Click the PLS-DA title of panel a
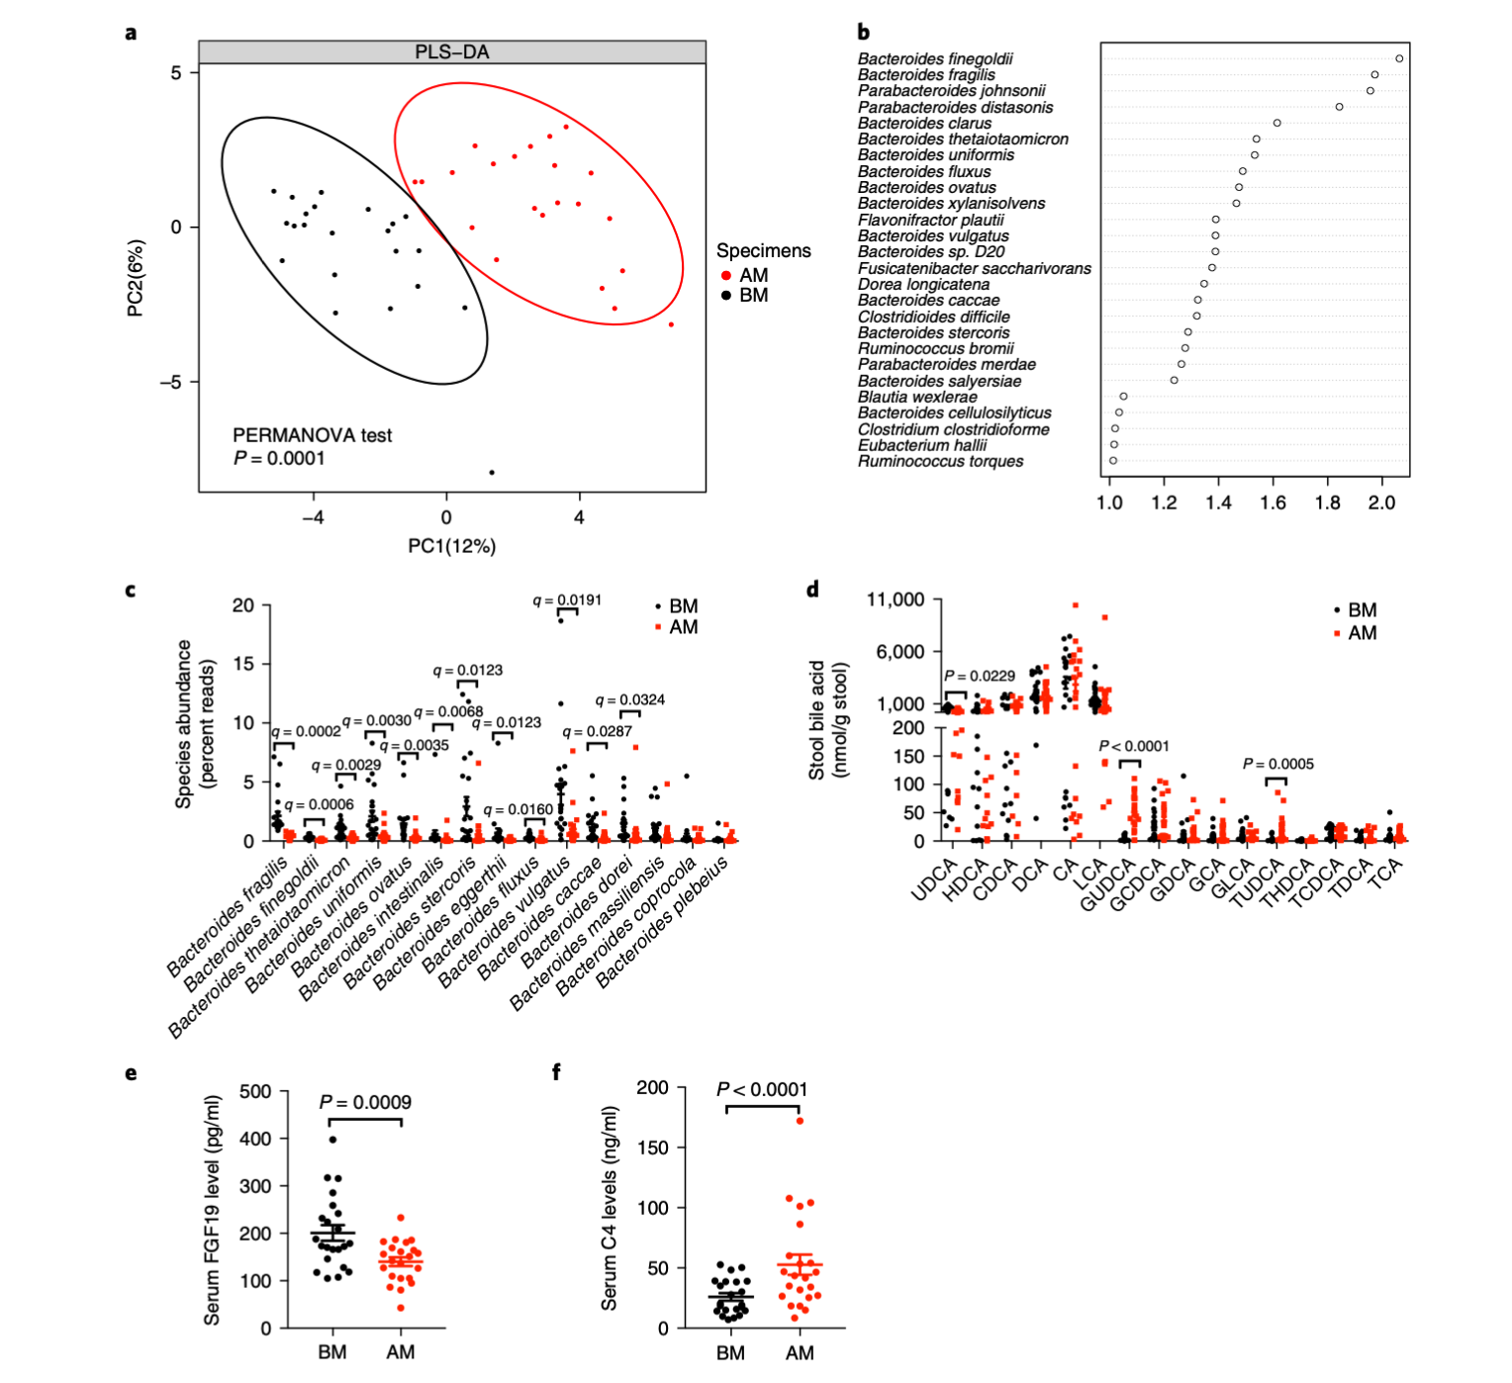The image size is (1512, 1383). (x=451, y=52)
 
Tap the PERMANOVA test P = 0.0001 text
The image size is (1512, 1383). (x=312, y=446)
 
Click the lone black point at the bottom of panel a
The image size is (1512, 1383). (x=492, y=473)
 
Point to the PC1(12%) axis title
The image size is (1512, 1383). (x=451, y=546)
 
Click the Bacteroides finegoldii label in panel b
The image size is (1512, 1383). (x=935, y=59)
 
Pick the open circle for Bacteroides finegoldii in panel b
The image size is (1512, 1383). (x=1399, y=58)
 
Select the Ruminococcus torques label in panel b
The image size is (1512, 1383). (x=940, y=462)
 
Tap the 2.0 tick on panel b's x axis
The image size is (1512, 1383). (x=1381, y=503)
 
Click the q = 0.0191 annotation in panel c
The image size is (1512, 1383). (x=567, y=600)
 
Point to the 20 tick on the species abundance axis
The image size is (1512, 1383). (x=242, y=605)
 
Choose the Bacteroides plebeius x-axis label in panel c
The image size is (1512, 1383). (x=663, y=921)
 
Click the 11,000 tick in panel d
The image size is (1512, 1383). (x=895, y=599)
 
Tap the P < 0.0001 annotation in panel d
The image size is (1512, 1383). (x=1134, y=746)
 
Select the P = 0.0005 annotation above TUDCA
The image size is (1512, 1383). (x=1277, y=764)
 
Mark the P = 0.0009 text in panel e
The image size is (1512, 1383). (x=365, y=1102)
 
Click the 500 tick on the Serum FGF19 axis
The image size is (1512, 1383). (x=255, y=1091)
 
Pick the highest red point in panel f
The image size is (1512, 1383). (x=800, y=1121)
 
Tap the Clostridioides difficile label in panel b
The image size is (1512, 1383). (x=933, y=317)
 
